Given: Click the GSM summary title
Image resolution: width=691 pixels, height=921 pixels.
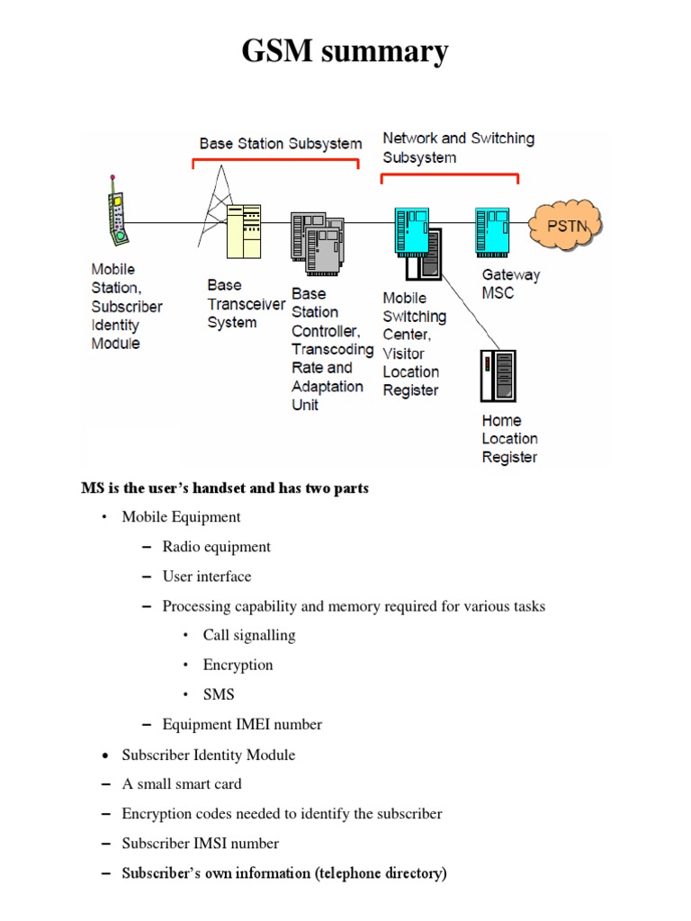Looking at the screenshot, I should [x=345, y=51].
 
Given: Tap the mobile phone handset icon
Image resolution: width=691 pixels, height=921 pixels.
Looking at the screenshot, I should [x=116, y=215].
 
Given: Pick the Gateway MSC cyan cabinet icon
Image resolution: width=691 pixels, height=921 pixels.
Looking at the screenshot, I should [x=493, y=229].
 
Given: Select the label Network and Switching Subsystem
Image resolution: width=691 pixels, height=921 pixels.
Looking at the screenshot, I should [x=458, y=148].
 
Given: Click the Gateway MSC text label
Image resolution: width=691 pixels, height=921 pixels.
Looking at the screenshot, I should [x=511, y=283].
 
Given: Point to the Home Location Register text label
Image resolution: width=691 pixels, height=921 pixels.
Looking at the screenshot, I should [x=509, y=439].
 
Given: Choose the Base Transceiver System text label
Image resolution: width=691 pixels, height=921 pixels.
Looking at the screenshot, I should [x=246, y=304].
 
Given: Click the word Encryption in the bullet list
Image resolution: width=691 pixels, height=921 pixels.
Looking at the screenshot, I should [x=238, y=665].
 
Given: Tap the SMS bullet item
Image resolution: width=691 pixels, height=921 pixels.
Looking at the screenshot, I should [x=219, y=694].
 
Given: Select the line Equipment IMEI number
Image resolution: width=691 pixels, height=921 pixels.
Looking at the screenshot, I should [x=242, y=724].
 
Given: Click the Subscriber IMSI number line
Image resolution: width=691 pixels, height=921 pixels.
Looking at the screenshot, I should [x=201, y=843].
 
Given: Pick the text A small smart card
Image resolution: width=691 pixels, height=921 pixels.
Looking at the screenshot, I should [x=182, y=783].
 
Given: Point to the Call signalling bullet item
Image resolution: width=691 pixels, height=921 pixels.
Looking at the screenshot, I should [x=249, y=635].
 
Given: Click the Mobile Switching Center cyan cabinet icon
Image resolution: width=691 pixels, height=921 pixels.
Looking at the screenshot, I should [x=412, y=229].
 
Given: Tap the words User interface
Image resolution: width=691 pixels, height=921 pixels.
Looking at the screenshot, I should [x=207, y=576].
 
